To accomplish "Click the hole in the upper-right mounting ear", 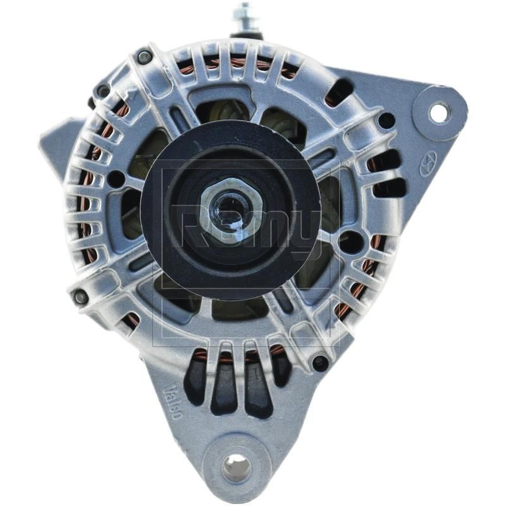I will pos(439,112).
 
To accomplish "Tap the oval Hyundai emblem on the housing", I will pos(428,166).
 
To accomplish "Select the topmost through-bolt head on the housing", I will pos(144,57).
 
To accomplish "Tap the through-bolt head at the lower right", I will pos(321,363).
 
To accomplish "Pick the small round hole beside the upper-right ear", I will pos(386,120).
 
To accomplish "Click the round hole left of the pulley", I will pos(116,180).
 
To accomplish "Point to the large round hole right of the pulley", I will pos(350,242).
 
